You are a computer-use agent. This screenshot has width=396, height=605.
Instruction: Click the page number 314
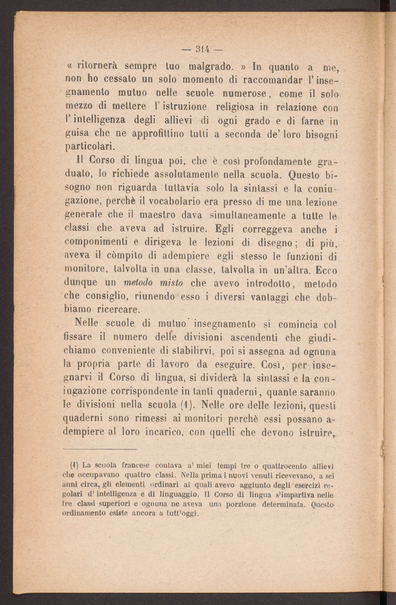(x=202, y=50)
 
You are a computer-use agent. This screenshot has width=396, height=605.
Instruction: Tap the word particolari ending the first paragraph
(x=89, y=147)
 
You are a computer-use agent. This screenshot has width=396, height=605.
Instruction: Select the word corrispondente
(x=144, y=391)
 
